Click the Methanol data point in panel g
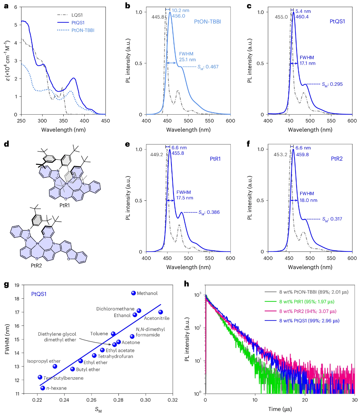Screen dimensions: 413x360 (x=133, y=293)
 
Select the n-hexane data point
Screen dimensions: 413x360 (x=43, y=388)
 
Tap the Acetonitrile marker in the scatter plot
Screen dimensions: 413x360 (x=161, y=312)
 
